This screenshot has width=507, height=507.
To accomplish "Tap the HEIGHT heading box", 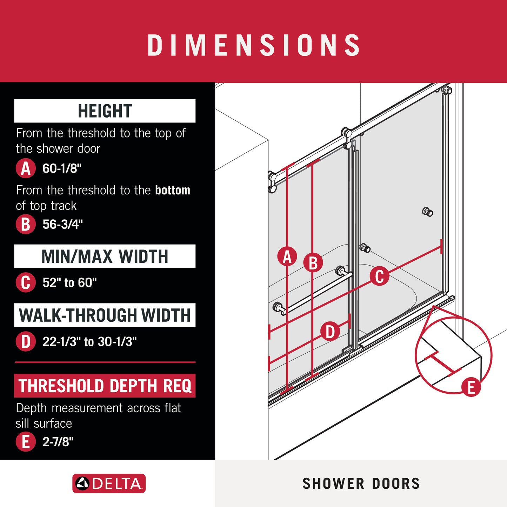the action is pyautogui.click(x=105, y=111).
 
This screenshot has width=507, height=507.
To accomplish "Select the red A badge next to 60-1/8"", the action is pyautogui.click(x=26, y=168).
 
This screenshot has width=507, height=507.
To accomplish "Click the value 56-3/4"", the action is pyautogui.click(x=62, y=225).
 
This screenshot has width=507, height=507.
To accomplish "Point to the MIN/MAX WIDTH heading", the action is pyautogui.click(x=105, y=256).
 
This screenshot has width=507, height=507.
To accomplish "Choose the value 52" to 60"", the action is pyautogui.click(x=70, y=282).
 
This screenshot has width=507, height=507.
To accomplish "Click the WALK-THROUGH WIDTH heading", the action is pyautogui.click(x=105, y=315).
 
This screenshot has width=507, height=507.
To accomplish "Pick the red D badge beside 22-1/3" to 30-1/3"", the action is pyautogui.click(x=26, y=341).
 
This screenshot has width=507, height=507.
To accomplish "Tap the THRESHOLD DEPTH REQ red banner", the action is pyautogui.click(x=105, y=386).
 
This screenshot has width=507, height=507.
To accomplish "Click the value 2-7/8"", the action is pyautogui.click(x=58, y=442).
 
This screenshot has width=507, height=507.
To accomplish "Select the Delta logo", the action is pyautogui.click(x=109, y=483).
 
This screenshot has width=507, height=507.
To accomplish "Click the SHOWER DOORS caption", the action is pyautogui.click(x=361, y=483).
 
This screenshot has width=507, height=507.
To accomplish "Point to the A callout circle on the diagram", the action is pyautogui.click(x=287, y=256).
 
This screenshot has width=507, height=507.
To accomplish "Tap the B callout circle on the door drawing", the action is pyautogui.click(x=313, y=262).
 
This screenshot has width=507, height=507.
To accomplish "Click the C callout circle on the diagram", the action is pyautogui.click(x=379, y=276).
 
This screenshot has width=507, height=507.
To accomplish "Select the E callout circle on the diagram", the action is pyautogui.click(x=471, y=387).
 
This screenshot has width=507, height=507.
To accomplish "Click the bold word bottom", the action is pyautogui.click(x=173, y=190).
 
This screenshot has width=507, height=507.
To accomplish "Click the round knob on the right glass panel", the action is pyautogui.click(x=428, y=212).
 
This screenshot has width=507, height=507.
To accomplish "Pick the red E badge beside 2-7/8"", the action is pyautogui.click(x=26, y=442).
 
